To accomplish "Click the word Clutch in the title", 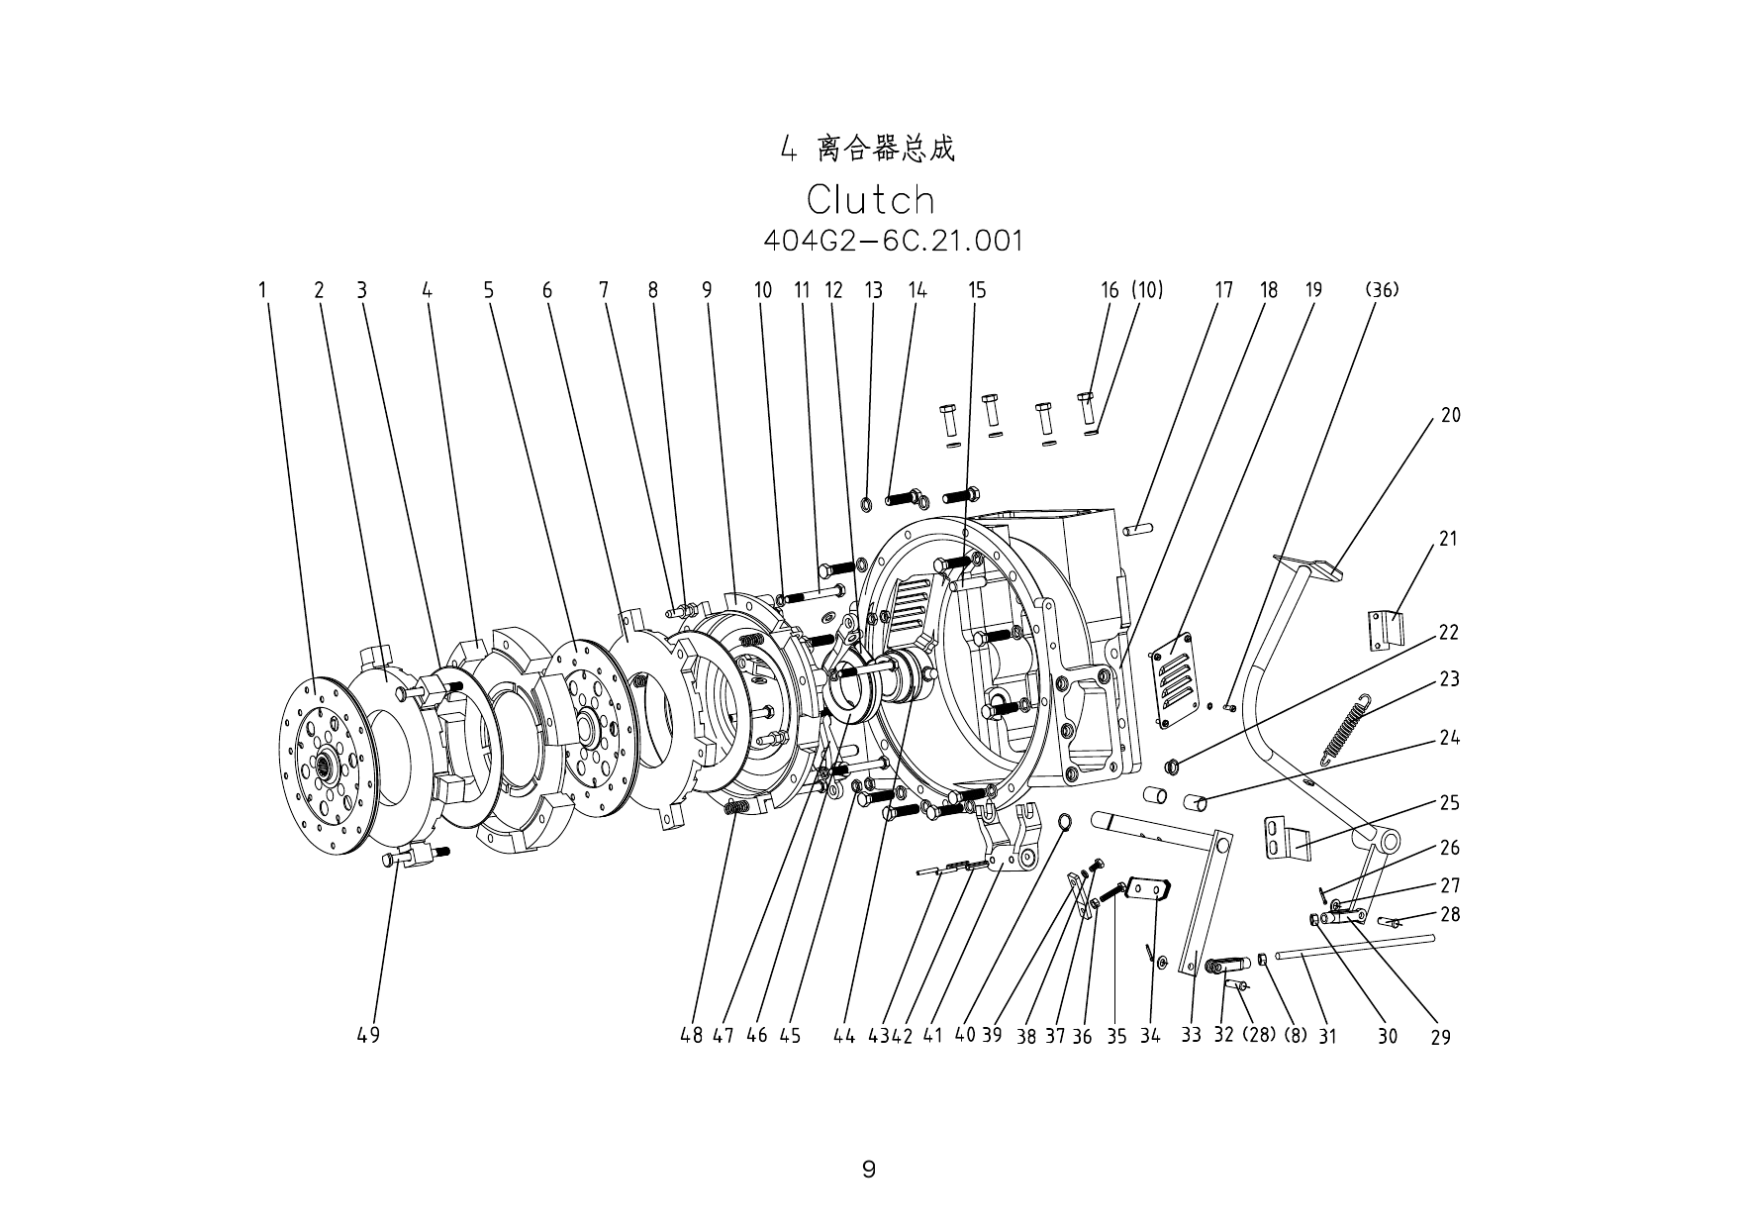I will [x=870, y=200].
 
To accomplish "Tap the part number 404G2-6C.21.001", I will [x=893, y=241].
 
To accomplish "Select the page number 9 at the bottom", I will [x=869, y=1170].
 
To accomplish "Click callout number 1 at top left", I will [x=263, y=290].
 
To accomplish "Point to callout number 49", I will [x=368, y=1035].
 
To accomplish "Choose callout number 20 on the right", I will [x=1450, y=416].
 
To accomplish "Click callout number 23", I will [x=1449, y=679].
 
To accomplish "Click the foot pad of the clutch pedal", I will [x=1307, y=566].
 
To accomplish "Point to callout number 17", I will [x=1224, y=290].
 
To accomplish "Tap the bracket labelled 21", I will [x=1386, y=630].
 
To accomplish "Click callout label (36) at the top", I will [x=1381, y=290].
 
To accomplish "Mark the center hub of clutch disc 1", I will [x=322, y=766].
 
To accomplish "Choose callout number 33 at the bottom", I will [x=1191, y=1035].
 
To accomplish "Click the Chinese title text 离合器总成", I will [x=886, y=151].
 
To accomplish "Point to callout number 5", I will [x=488, y=290].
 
